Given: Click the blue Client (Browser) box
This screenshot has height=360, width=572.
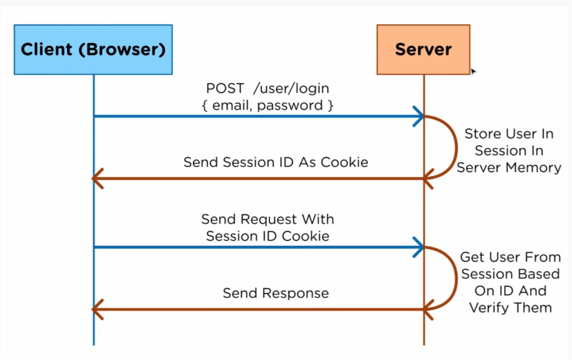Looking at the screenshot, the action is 93,50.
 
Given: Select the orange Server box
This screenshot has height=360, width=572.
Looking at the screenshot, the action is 423,50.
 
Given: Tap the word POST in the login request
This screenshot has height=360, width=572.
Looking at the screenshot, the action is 225,88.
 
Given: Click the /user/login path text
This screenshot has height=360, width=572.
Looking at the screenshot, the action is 291,88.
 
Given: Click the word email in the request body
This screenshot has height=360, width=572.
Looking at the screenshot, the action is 232,105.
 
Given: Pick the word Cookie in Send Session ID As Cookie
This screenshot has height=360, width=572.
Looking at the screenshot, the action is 344,162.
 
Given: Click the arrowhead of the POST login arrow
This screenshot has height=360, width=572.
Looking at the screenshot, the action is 418,116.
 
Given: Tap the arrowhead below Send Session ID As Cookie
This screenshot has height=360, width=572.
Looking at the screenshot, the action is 98,178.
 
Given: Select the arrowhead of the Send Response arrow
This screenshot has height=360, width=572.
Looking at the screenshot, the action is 98,309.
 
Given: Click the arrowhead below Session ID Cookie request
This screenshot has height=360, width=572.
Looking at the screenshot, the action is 418,247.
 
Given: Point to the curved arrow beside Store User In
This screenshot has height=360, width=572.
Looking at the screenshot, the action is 456,147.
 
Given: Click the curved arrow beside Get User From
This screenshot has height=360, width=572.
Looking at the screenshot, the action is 456,278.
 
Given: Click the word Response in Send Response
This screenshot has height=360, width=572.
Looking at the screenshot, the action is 295,293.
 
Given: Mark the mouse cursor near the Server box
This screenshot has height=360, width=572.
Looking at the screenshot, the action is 474,71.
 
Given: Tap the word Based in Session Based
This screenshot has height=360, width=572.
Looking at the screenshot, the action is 538,274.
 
